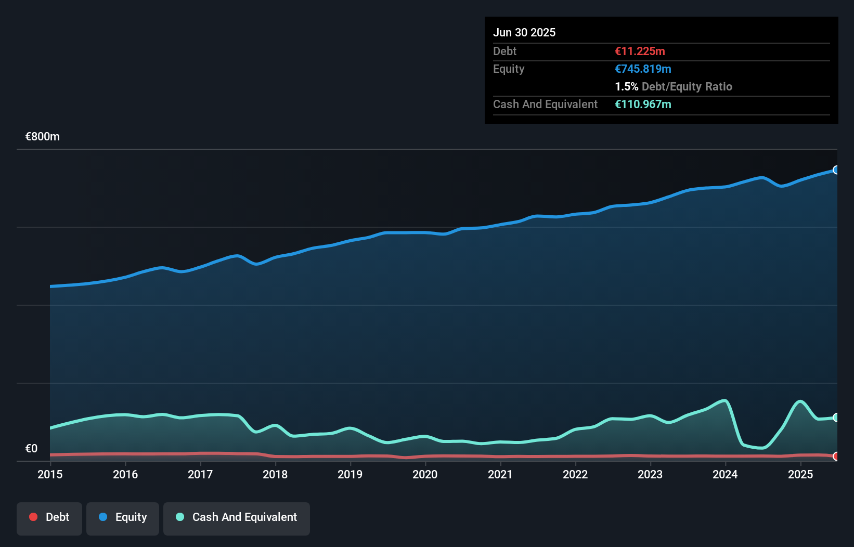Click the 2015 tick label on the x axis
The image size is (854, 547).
point(50,474)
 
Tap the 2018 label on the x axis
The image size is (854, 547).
point(275,474)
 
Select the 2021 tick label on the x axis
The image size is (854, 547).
point(500,474)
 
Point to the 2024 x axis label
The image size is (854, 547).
point(725,474)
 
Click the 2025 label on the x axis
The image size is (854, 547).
point(800,474)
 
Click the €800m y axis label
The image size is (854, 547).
point(43,137)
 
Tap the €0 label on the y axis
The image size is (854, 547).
point(31,448)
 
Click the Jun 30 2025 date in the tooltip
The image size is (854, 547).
point(524,32)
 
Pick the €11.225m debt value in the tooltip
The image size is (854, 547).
point(640,51)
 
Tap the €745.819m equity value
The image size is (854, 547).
point(643,69)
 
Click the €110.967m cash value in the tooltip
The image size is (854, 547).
point(643,104)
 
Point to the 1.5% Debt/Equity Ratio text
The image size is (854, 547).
point(673,86)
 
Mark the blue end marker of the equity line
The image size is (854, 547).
point(836,170)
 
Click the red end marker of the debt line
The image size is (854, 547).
point(836,456)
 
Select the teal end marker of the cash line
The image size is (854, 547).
point(836,418)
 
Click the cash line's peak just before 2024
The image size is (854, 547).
point(724,400)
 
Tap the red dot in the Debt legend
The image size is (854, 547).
point(33,517)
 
